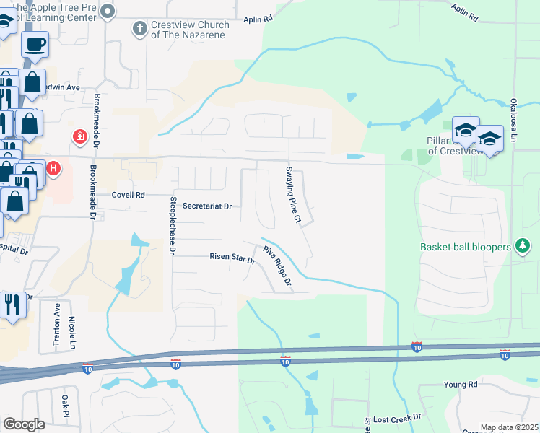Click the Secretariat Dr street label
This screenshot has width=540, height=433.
[206, 206]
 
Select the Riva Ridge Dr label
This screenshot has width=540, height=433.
[276, 266]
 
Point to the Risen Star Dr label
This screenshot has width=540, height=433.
[232, 257]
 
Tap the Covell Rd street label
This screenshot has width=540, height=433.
[129, 195]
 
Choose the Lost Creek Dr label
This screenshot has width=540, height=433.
[396, 419]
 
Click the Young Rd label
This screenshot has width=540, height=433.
[461, 385]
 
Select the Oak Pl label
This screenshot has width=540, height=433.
[65, 406]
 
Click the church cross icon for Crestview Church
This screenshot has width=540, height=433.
[139, 29]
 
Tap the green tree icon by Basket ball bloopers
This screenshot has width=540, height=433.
[523, 247]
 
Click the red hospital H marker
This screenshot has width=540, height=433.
[53, 170]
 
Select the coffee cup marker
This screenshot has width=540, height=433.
[35, 45]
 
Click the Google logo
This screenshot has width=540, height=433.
[24, 424]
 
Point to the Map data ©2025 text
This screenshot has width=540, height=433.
[509, 427]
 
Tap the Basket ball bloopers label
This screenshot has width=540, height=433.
[466, 247]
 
